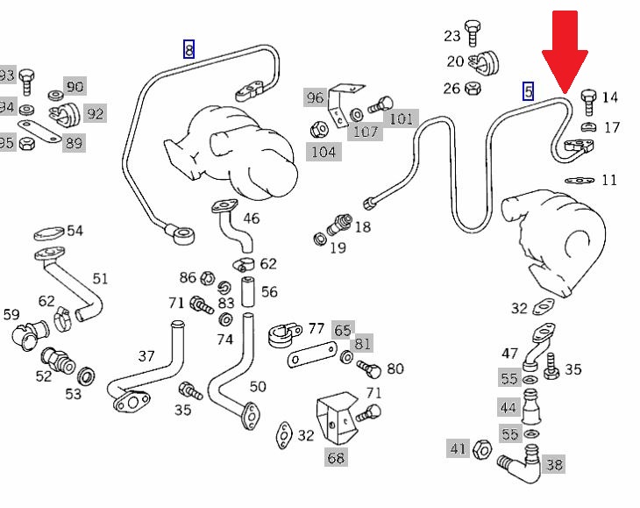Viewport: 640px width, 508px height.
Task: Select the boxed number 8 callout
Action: [188, 49]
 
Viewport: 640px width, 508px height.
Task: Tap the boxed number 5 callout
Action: [528, 90]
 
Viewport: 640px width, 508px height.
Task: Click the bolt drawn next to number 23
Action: [473, 32]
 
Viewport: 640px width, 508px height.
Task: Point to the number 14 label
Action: [610, 97]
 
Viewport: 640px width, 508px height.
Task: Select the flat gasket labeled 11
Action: [576, 180]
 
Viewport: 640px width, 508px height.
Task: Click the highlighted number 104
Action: [324, 152]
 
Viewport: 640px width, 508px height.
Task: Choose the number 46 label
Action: [251, 218]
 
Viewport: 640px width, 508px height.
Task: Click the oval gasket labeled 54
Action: [49, 233]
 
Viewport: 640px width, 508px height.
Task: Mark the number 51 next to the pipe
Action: [101, 278]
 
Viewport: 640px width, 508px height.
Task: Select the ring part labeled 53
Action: [87, 377]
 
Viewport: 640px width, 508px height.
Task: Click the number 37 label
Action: [146, 356]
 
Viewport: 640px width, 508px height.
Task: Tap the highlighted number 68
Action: [336, 457]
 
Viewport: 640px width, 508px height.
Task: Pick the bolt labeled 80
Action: [369, 369]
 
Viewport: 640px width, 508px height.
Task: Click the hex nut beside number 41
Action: [482, 450]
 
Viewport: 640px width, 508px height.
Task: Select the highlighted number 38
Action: [554, 464]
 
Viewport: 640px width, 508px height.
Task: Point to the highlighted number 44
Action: [508, 407]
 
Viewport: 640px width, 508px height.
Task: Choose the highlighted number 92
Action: [95, 113]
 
